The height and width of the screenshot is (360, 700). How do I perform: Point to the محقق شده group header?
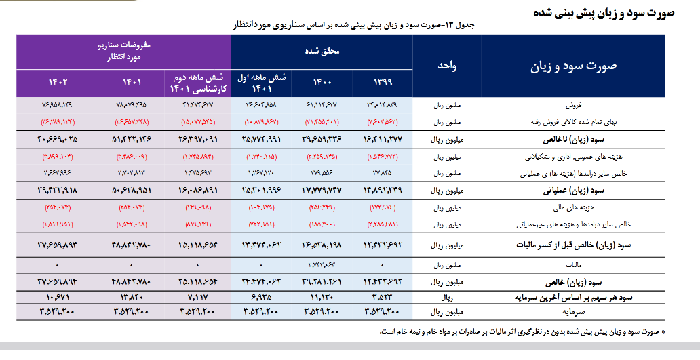coord(322,51)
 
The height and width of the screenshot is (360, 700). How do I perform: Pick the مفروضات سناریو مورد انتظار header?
coord(123,51)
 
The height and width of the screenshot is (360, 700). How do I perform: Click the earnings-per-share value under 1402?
coord(58,298)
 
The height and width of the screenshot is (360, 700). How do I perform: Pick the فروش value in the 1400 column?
coord(322,106)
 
